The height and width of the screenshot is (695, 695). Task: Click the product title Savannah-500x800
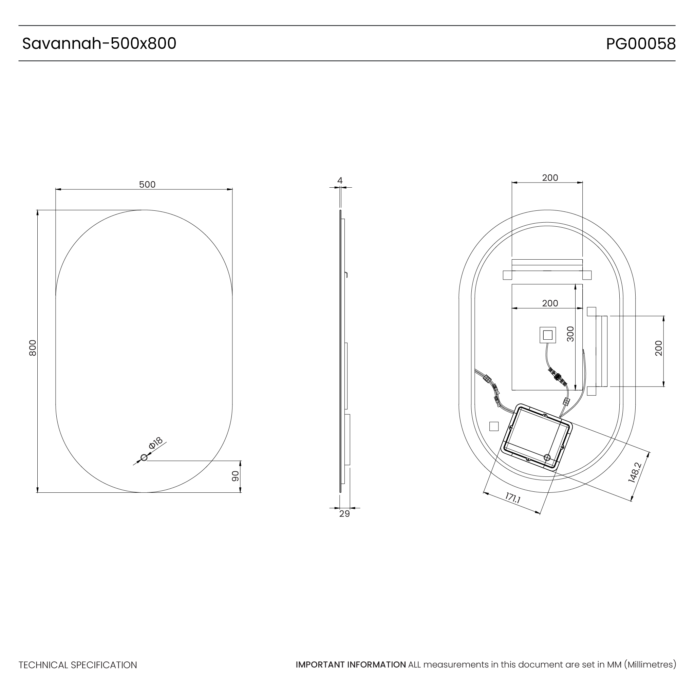click(99, 43)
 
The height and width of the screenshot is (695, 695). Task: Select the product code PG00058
click(641, 44)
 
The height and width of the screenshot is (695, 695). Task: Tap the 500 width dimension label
click(147, 185)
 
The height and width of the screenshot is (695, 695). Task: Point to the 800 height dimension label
click(33, 348)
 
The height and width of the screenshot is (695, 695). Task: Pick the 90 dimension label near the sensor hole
click(235, 476)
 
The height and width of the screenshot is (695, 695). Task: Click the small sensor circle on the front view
click(144, 457)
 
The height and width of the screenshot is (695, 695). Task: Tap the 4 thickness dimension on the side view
click(340, 181)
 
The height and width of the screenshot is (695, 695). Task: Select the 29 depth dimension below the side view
click(344, 514)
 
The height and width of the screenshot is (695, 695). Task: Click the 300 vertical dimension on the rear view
click(570, 334)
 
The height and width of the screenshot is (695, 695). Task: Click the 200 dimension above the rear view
click(550, 178)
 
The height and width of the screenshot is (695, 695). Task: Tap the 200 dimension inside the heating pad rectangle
click(550, 303)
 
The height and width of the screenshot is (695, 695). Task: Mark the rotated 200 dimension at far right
click(659, 348)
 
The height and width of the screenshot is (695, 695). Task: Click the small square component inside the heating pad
click(547, 335)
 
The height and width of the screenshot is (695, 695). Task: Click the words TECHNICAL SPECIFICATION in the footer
click(78, 665)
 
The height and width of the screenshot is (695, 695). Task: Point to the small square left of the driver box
click(494, 426)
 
